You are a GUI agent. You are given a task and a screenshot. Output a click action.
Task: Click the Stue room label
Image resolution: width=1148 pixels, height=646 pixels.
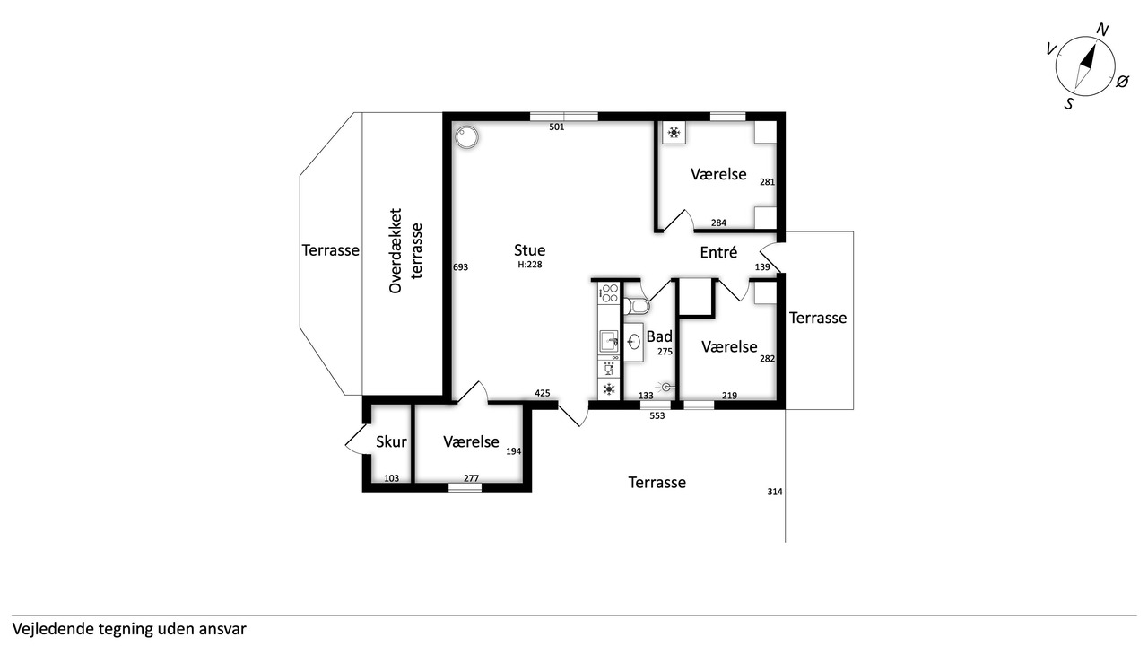(529, 250)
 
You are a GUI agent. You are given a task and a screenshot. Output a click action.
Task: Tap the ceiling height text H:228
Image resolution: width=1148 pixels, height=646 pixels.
(529, 265)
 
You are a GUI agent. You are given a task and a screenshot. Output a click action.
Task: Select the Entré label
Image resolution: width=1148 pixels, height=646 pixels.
(718, 252)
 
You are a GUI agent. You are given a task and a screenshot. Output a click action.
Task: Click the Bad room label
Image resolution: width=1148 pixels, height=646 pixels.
(659, 336)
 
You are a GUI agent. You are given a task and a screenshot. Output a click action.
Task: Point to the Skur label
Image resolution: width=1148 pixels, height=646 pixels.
(391, 441)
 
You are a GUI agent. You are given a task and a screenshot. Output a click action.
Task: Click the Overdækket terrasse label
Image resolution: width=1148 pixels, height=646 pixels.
(404, 250)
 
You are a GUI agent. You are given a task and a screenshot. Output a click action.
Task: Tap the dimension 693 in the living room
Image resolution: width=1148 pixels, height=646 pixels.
(460, 267)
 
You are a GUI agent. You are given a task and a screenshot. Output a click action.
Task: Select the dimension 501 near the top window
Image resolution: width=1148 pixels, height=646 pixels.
(557, 127)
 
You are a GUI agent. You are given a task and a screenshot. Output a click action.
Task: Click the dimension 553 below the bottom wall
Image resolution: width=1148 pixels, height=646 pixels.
(657, 415)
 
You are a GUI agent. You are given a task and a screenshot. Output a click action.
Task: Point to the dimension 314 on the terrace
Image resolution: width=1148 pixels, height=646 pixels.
(774, 492)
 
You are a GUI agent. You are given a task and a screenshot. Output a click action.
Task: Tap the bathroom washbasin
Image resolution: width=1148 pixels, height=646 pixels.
(634, 342)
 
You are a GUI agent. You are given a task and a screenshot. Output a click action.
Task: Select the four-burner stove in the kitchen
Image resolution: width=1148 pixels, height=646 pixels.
(609, 293)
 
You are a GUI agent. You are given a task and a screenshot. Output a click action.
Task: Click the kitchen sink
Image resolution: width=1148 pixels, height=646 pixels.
(609, 341)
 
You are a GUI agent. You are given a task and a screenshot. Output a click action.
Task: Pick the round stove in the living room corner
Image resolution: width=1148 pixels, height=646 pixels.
(466, 137)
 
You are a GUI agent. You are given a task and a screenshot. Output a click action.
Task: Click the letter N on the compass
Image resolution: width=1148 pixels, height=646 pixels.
(1102, 31)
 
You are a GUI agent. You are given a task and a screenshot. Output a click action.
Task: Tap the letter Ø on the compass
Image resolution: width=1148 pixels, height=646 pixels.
(1122, 81)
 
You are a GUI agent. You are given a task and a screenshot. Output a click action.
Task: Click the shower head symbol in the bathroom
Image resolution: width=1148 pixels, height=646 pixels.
(665, 387)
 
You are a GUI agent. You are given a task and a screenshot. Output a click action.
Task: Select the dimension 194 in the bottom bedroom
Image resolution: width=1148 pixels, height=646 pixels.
(514, 451)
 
